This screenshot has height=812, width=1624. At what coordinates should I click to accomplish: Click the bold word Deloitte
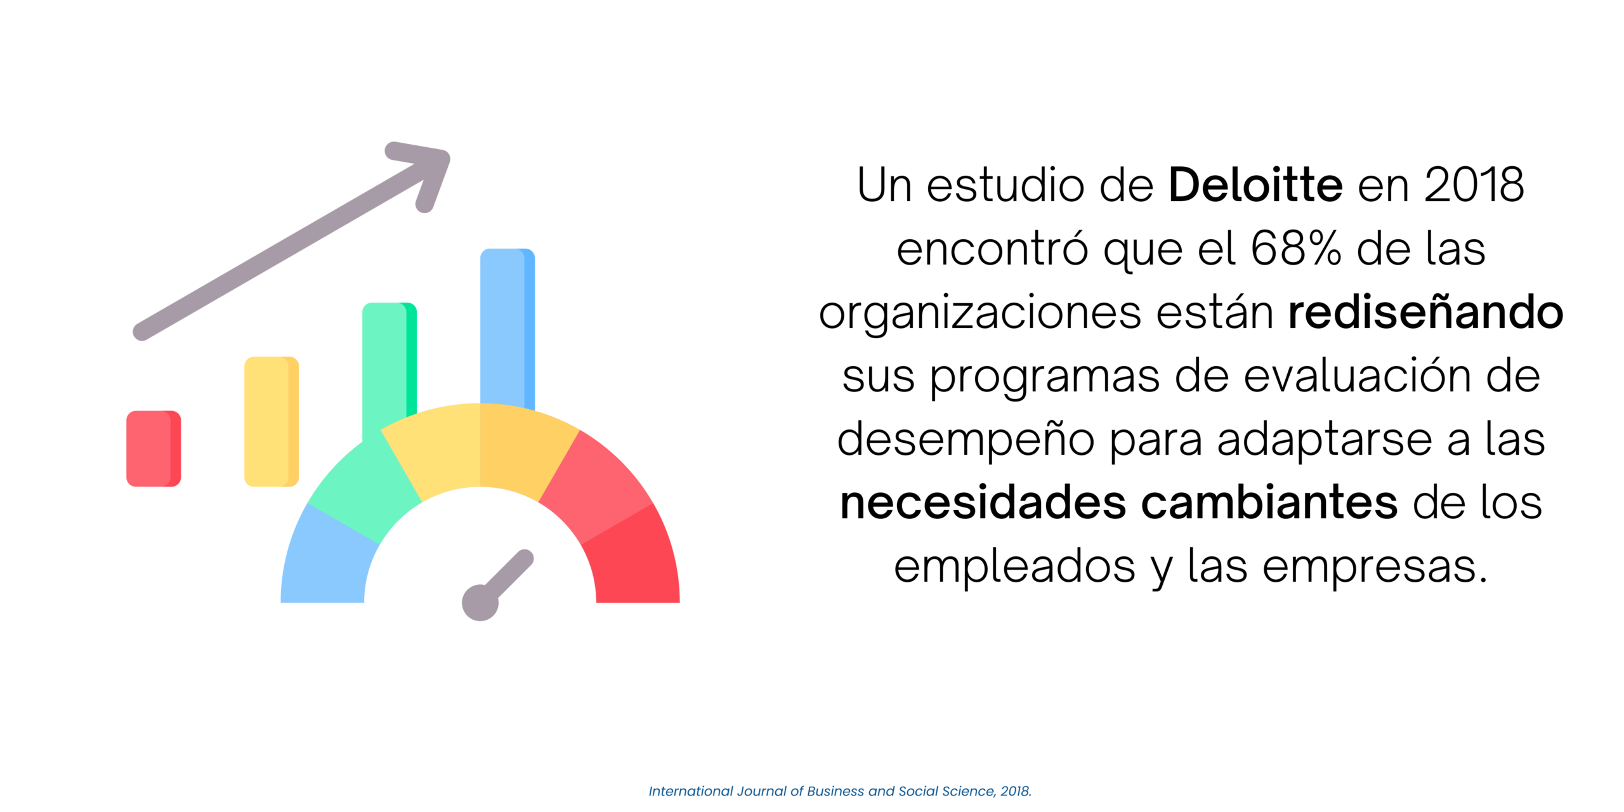click(1255, 185)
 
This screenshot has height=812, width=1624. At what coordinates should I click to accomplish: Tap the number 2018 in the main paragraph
click(1474, 185)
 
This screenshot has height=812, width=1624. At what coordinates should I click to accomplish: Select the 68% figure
click(1296, 248)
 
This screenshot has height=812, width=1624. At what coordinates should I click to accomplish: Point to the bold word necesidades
click(983, 502)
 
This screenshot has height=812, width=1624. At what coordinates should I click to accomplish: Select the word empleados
click(1014, 567)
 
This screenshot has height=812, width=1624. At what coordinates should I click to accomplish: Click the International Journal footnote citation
click(840, 791)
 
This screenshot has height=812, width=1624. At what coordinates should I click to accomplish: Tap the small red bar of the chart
click(154, 449)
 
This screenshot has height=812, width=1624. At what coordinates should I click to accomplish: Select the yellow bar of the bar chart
click(272, 422)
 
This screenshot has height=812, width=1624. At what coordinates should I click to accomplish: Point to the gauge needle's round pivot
click(480, 603)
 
